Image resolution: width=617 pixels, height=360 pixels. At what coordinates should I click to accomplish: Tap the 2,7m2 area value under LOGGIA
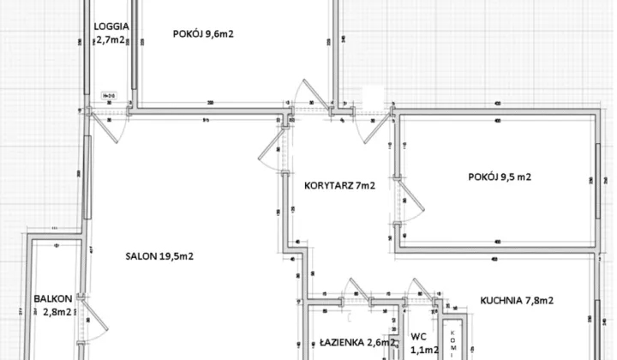tap(110, 39)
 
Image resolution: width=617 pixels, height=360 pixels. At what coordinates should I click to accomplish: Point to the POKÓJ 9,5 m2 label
tap(500, 177)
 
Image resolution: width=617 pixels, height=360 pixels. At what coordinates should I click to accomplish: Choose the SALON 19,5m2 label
tap(159, 256)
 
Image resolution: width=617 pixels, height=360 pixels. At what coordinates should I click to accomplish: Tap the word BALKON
tap(51, 299)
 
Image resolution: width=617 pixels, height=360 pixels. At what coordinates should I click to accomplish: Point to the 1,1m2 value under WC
tap(419, 349)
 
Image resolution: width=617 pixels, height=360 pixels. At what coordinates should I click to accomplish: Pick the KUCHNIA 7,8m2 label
tap(516, 300)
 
